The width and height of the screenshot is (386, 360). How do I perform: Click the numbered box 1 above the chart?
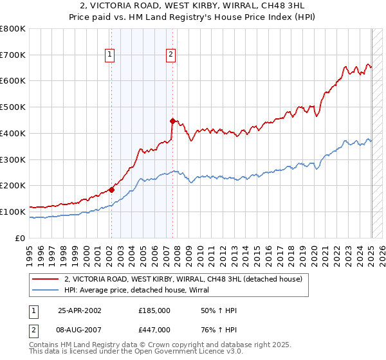111,55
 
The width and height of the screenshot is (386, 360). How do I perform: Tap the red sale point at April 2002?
111,190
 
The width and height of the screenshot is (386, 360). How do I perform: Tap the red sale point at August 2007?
172,121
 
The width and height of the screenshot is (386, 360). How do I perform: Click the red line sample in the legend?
46,279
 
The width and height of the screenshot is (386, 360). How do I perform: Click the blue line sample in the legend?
46,290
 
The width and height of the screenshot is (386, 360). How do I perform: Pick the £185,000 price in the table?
154,310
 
